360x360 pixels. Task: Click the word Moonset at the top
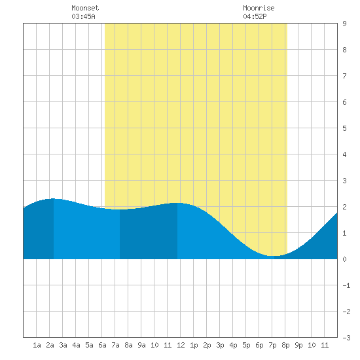pos(85,8)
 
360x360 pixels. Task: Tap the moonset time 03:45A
pos(83,16)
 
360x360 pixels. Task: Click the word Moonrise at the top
pos(259,8)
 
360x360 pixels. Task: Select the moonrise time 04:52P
pos(255,16)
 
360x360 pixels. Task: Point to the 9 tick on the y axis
pos(344,24)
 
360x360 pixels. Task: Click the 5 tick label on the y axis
pos(344,128)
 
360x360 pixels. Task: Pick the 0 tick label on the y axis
pos(344,259)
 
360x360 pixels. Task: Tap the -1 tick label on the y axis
pos(346,285)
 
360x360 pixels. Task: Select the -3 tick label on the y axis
pos(346,338)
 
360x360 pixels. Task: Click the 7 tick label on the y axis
pos(344,76)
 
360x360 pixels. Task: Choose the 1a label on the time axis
pos(37,345)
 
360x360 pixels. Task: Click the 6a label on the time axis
pos(102,345)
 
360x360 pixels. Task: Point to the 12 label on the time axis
pos(181,345)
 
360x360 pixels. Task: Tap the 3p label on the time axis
pos(220,345)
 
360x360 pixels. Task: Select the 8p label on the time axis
pos(285,345)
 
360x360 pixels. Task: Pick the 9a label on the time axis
pos(141,345)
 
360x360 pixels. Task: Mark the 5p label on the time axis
pos(246,345)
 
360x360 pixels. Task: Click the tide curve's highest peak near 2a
pos(54,198)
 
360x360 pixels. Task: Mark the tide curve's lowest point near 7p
pos(274,256)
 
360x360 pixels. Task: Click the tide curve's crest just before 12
pos(177,203)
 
